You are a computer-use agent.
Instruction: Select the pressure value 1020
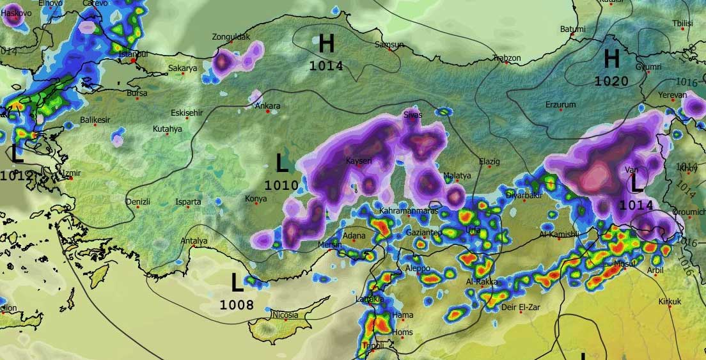[x=611, y=81]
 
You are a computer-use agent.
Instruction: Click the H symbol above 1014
[x=326, y=44]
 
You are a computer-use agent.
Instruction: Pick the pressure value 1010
[x=281, y=185]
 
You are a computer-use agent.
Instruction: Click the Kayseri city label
[x=358, y=160]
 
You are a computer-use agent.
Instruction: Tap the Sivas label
[x=413, y=114]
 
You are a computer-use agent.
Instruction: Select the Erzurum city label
[x=560, y=104]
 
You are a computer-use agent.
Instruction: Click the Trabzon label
[x=507, y=58]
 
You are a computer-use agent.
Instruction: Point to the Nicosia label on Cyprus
[x=285, y=315]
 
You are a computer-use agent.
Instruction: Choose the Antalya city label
[x=194, y=241]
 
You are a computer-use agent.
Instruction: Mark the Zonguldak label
[x=231, y=37]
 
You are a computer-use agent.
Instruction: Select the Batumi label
[x=572, y=29]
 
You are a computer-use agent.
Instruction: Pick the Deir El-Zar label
[x=521, y=307]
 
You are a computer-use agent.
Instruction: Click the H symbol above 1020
[x=612, y=59]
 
